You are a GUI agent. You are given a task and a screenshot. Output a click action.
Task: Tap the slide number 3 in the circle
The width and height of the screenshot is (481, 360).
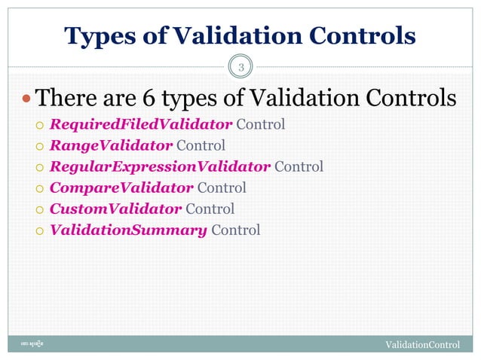click(240, 69)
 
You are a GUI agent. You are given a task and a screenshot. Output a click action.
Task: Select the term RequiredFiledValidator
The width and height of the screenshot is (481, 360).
click(140, 124)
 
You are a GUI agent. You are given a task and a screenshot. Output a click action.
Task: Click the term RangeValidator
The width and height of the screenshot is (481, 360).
click(110, 145)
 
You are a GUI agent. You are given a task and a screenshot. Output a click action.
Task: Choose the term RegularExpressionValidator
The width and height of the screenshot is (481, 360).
click(159, 166)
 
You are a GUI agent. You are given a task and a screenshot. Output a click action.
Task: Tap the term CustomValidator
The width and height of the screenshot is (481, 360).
click(115, 209)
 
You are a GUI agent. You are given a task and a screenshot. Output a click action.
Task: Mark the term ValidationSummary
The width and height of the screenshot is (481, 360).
click(128, 230)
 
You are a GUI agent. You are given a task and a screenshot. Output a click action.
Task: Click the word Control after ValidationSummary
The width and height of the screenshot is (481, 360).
click(235, 230)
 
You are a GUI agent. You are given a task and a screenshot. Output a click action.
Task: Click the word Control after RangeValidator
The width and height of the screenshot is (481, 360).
click(201, 145)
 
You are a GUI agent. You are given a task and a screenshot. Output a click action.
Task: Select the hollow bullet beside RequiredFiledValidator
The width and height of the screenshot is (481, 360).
click(41, 125)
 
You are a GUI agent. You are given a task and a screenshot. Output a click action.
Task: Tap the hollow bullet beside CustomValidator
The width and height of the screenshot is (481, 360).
click(41, 209)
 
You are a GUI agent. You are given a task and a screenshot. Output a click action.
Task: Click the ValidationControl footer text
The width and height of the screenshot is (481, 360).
click(422, 345)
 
